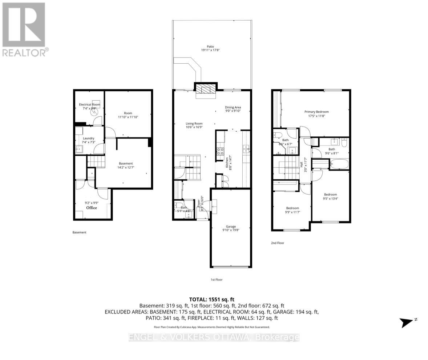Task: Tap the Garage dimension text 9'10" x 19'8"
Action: tap(231, 229)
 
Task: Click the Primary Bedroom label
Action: tap(316, 112)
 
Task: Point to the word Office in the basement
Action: tap(91, 208)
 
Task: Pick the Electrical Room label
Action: tap(89, 105)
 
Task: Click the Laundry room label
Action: tap(89, 138)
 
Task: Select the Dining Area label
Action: tap(233, 107)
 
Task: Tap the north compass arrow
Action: tap(407, 322)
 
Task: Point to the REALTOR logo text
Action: tap(25, 53)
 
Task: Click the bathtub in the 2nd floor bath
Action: tap(339, 164)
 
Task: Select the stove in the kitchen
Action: tap(220, 151)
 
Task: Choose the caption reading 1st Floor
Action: tap(216, 280)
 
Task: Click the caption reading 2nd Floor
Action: tap(278, 243)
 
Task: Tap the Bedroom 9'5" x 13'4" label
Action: tap(330, 195)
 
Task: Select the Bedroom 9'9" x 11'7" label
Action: tap(292, 208)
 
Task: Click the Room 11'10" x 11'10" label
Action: tap(128, 113)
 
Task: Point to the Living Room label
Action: tap(194, 124)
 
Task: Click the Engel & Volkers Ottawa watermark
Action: tap(214, 337)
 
